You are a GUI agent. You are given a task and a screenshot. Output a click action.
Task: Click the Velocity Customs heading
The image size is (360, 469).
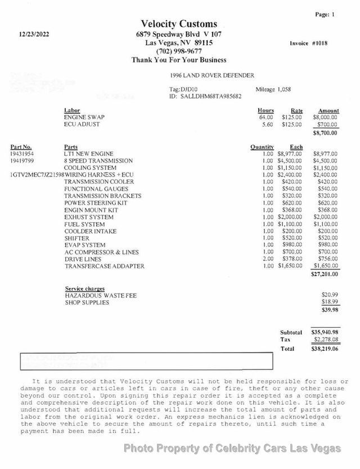pyautogui.click(x=179, y=24)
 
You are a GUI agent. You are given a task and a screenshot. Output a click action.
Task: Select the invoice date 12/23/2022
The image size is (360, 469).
pyautogui.click(x=35, y=34)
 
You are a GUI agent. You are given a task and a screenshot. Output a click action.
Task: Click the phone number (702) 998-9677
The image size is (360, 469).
pyautogui.click(x=179, y=51)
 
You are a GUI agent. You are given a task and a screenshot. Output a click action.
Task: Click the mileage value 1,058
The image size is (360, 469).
pyautogui.click(x=284, y=89)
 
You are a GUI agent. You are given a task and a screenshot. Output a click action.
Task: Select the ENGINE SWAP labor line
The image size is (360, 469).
pyautogui.click(x=84, y=118)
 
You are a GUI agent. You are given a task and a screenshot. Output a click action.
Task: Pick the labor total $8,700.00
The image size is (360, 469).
pyautogui.click(x=325, y=133)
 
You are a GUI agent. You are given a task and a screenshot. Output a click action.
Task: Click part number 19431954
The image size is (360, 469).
pyautogui.click(x=22, y=154)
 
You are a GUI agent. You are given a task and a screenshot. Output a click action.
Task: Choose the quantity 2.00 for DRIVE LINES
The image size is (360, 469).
pyautogui.click(x=267, y=259)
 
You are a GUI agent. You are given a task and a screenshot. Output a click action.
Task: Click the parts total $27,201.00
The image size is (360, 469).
pyautogui.click(x=325, y=274)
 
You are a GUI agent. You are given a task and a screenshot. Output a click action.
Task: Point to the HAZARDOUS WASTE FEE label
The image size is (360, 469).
pyautogui.click(x=101, y=295)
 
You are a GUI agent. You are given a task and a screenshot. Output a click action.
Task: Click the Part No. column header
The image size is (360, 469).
pyautogui.click(x=21, y=147)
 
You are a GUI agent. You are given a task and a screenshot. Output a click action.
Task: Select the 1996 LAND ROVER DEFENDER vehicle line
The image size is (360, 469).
pyautogui.click(x=211, y=75)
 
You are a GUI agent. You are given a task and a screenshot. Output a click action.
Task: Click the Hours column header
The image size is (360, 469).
pyautogui.click(x=265, y=111)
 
